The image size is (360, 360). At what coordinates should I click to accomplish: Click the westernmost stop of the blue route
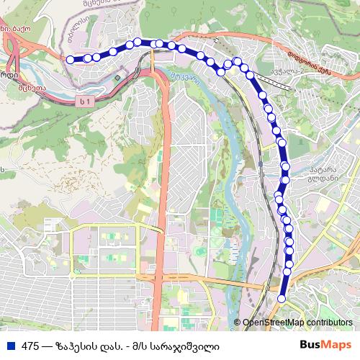click(71, 60)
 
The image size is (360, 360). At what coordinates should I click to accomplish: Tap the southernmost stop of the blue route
click(282, 298)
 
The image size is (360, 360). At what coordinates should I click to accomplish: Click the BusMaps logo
click(325, 345)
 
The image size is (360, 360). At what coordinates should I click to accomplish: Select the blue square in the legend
click(10, 346)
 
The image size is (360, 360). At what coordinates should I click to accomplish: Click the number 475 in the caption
click(31, 346)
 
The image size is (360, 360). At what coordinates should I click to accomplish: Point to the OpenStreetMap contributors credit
click(298, 323)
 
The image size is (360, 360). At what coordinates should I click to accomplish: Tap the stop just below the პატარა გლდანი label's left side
click(284, 178)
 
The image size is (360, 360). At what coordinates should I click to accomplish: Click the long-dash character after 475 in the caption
click(48, 346)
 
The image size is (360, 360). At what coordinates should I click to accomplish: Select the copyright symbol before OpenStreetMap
click(237, 323)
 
